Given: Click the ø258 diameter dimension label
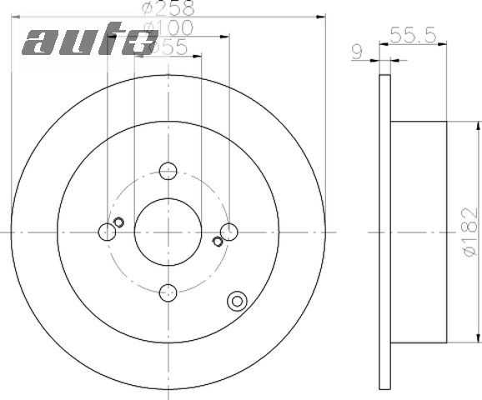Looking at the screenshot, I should [168, 9].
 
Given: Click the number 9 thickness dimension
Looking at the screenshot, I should [357, 52].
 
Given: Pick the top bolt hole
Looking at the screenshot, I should [168, 171].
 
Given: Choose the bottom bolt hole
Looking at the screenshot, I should [168, 292].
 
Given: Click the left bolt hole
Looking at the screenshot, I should [107, 232].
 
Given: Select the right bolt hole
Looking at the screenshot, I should [228, 232].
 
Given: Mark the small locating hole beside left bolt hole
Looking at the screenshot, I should [118, 222].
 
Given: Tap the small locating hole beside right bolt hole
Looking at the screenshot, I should [218, 242].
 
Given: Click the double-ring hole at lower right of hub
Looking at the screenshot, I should [238, 302].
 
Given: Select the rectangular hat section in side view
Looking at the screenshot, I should [418, 232].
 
